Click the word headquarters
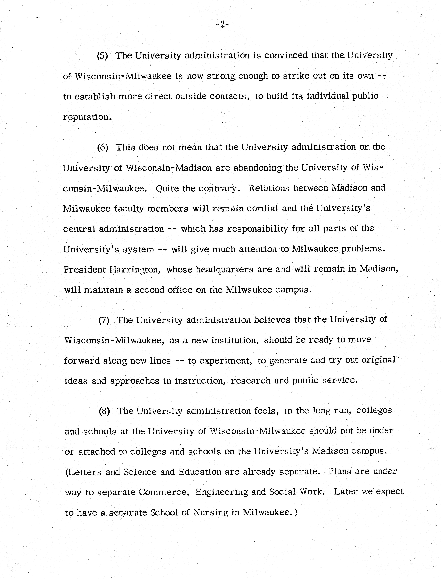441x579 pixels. (x=224, y=269)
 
